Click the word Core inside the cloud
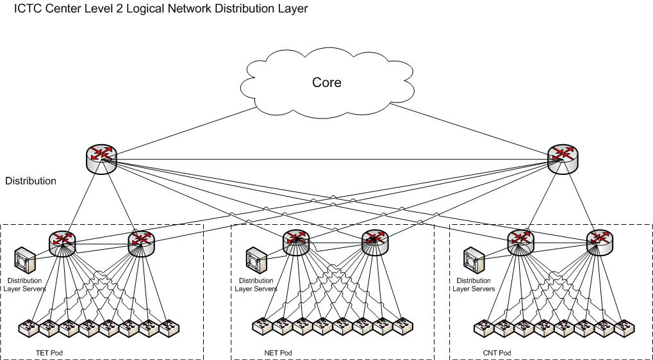click(x=327, y=83)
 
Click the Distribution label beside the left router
click(x=31, y=181)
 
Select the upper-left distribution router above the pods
click(x=101, y=158)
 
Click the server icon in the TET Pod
click(x=26, y=259)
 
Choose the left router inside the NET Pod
click(x=296, y=241)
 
